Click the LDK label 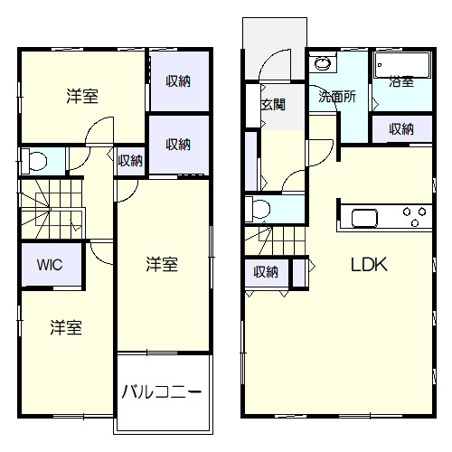pyautogui.click(x=369, y=265)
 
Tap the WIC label pyautogui.click(x=50, y=265)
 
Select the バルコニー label pyautogui.click(x=162, y=391)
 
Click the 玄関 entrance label pyautogui.click(x=273, y=105)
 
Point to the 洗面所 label pyautogui.click(x=337, y=97)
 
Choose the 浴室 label pyautogui.click(x=401, y=81)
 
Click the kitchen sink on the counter pyautogui.click(x=364, y=218)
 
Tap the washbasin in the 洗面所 pyautogui.click(x=323, y=63)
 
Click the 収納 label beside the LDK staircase pyautogui.click(x=266, y=272)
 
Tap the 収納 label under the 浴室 pyautogui.click(x=401, y=129)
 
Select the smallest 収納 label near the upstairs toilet pyautogui.click(x=130, y=161)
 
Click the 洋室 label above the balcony pyautogui.click(x=162, y=264)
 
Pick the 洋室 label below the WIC pyautogui.click(x=66, y=327)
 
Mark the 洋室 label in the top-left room pyautogui.click(x=82, y=97)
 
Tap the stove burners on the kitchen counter pyautogui.click(x=414, y=216)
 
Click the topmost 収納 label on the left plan pyautogui.click(x=178, y=81)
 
